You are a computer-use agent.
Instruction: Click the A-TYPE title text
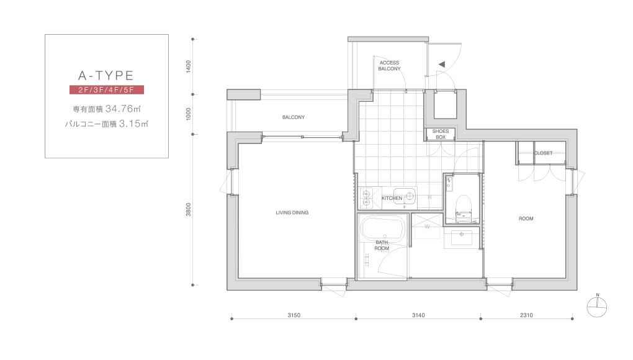point(105,76)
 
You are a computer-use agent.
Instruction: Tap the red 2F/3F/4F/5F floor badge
point(107,89)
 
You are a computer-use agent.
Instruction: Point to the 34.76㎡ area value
point(123,109)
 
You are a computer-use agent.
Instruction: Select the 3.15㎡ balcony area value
point(133,124)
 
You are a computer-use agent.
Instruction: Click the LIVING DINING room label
point(292,213)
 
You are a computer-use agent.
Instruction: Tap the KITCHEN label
point(392,198)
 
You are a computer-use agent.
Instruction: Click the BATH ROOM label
point(382,245)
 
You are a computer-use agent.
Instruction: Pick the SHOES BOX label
point(441,134)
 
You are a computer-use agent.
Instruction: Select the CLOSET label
point(544,153)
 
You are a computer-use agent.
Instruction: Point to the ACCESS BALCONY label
point(389,66)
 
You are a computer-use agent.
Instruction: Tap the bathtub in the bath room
point(382,229)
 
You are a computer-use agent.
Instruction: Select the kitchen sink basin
point(405,196)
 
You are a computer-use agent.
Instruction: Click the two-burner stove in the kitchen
point(367,198)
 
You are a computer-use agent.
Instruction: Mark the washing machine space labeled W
point(426,226)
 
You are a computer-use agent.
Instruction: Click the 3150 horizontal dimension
point(294,315)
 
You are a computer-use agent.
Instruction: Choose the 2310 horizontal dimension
point(526,315)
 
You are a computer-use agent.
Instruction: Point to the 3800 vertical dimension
point(189,209)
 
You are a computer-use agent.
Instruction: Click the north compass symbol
point(597,307)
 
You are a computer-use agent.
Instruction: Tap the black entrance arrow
point(442,64)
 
